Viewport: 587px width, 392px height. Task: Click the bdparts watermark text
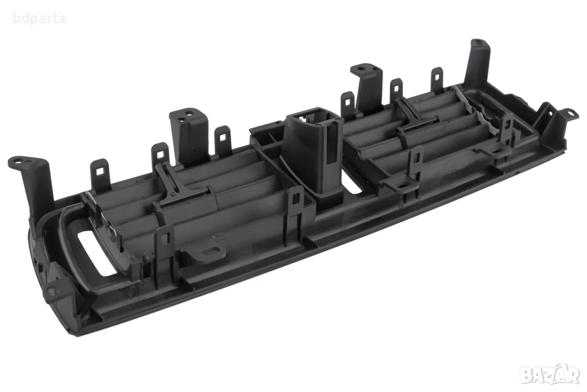(39, 18)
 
